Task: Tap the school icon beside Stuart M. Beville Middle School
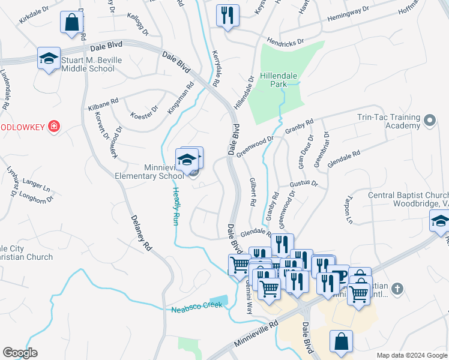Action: coord(49,59)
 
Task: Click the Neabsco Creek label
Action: coord(196,307)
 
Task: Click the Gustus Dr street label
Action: coord(303,182)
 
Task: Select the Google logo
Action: coord(20,353)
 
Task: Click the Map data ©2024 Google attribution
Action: coord(412,355)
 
